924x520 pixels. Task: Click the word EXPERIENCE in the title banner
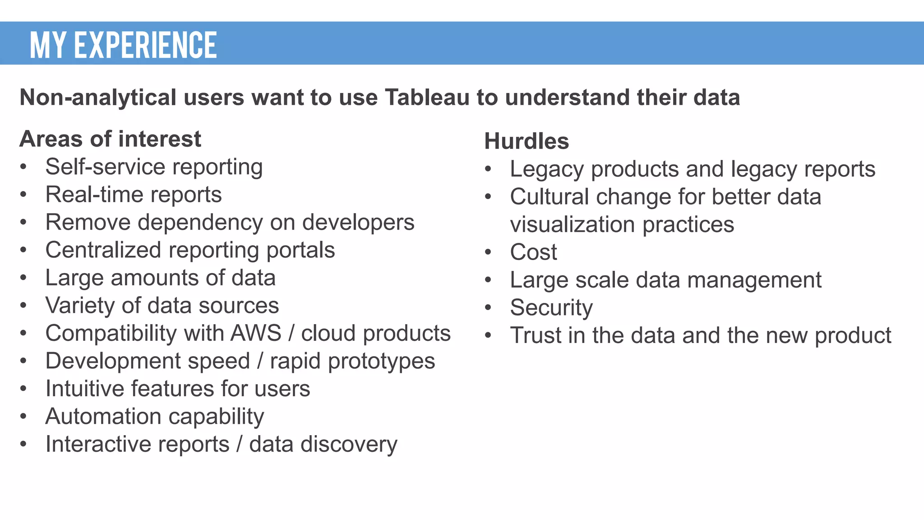point(145,45)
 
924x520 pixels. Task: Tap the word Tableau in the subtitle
point(427,97)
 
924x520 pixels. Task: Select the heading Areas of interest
point(110,139)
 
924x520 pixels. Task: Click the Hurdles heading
point(526,141)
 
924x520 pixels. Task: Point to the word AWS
point(256,334)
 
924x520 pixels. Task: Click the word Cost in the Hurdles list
point(533,252)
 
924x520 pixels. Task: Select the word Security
point(551,308)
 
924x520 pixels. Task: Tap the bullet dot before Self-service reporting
point(23,167)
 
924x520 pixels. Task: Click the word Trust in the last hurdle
point(535,335)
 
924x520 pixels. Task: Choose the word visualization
point(573,225)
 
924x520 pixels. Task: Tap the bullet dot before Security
point(488,308)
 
